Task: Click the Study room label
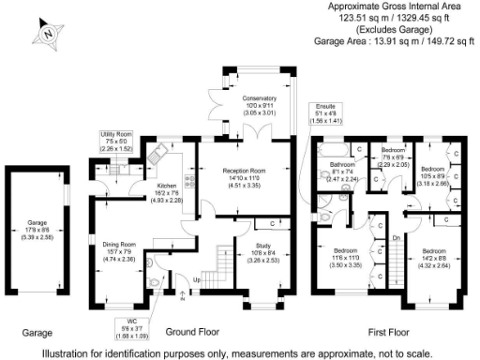click(261, 246)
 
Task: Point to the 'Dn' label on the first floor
click(396, 238)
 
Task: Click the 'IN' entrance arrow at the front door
click(180, 298)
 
